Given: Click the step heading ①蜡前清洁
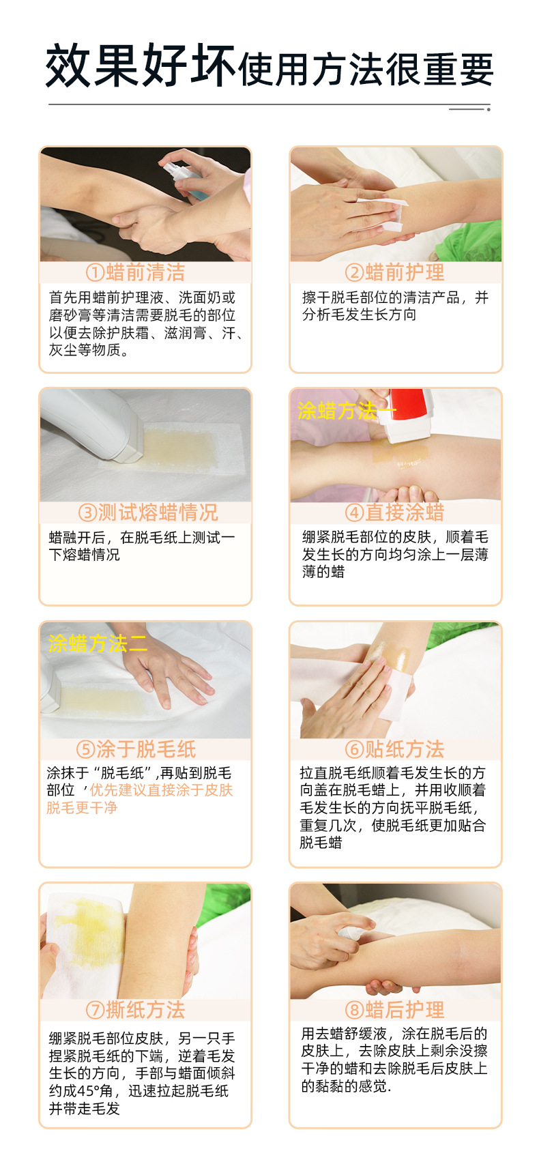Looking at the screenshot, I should click(135, 272).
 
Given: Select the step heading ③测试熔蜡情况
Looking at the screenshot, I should click(147, 512).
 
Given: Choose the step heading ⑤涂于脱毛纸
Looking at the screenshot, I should click(136, 749).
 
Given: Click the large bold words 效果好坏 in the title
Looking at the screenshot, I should click(141, 66).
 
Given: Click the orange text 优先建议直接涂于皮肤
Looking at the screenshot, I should click(161, 790).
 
